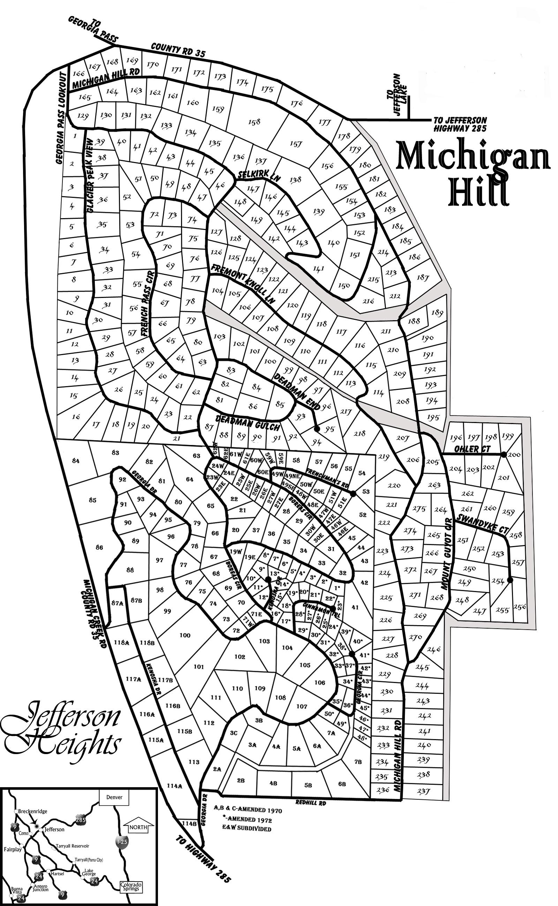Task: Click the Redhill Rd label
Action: click(x=311, y=803)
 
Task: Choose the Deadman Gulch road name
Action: click(x=247, y=422)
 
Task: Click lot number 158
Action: click(x=254, y=122)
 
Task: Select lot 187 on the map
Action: click(x=423, y=277)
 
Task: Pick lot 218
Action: click(x=360, y=433)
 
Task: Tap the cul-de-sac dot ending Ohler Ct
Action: click(x=504, y=454)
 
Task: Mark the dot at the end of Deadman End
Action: click(x=317, y=429)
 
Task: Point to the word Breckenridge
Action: click(x=33, y=811)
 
